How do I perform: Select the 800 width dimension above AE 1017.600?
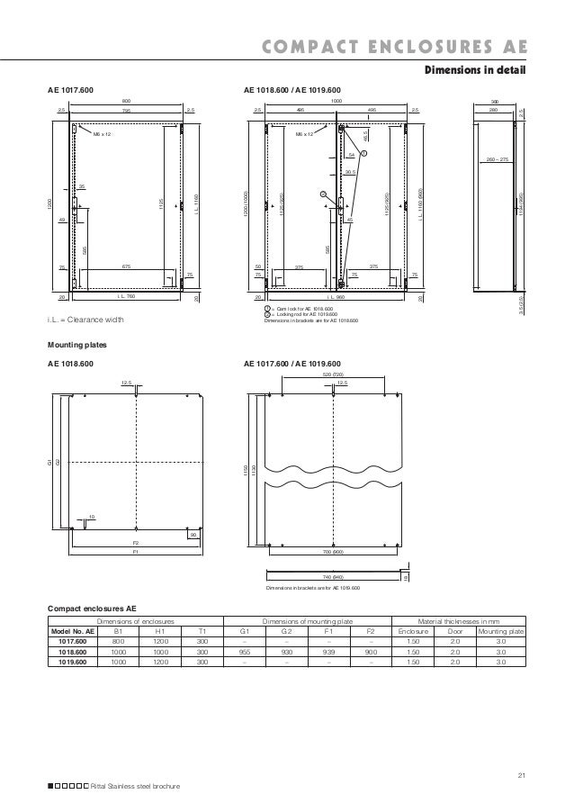pyautogui.click(x=126, y=102)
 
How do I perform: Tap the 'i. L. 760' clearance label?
pyautogui.click(x=125, y=295)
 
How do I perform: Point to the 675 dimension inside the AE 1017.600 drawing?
pyautogui.click(x=127, y=266)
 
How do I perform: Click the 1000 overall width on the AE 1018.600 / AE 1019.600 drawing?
pyautogui.click(x=336, y=102)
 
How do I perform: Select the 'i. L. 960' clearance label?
pyautogui.click(x=336, y=295)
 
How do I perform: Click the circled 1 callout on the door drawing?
pyautogui.click(x=364, y=152)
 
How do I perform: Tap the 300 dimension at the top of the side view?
pyautogui.click(x=494, y=102)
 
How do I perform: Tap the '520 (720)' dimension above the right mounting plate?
pyautogui.click(x=333, y=374)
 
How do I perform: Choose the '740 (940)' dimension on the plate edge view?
pyautogui.click(x=333, y=575)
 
